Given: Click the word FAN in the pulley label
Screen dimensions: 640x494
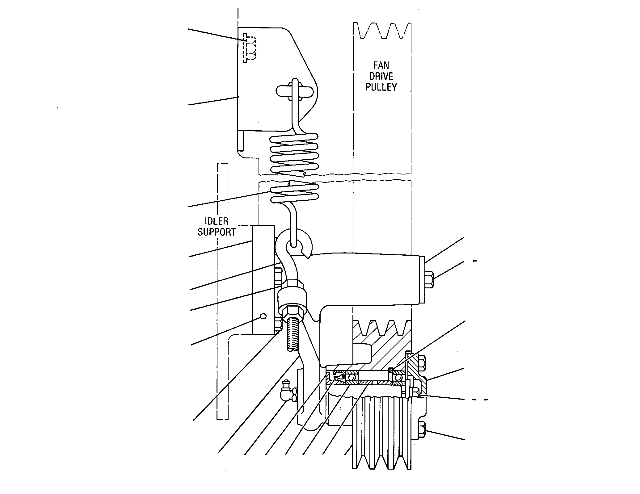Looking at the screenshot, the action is tap(381, 65).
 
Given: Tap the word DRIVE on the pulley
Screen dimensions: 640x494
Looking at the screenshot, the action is tap(381, 76).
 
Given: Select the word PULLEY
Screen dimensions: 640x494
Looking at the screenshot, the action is tap(381, 87).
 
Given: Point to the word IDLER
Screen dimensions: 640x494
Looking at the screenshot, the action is tap(217, 221).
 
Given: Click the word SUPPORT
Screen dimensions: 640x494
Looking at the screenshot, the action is tap(217, 232).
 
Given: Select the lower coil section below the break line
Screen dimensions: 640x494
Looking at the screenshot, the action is tap(294, 192).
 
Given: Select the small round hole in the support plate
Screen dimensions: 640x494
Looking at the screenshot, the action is tap(263, 316).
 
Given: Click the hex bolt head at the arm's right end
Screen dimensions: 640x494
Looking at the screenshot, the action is tap(429, 279).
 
